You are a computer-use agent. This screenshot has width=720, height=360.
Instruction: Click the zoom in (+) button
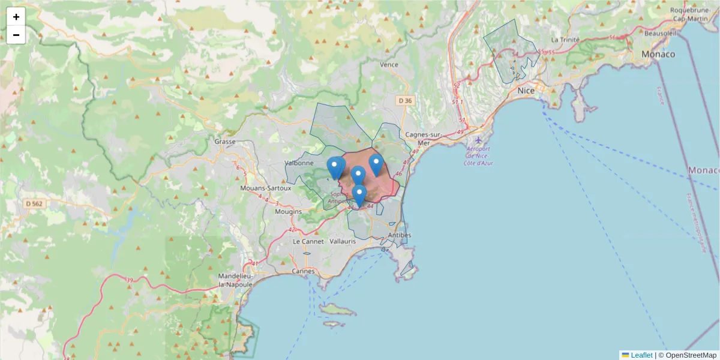point(16,17)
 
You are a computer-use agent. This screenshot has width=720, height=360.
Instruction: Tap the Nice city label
point(526,91)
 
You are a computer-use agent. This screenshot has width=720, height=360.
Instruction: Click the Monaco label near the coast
point(658,54)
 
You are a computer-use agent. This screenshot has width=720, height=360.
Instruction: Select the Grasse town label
point(224,142)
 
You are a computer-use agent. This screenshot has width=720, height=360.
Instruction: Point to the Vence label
point(389,64)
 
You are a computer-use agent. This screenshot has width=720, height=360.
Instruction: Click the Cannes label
point(303,271)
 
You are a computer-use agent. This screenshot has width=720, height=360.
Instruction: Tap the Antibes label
point(400,235)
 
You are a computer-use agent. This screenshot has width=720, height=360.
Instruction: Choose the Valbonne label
point(299,163)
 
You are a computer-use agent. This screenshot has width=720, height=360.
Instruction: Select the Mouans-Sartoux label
point(265,188)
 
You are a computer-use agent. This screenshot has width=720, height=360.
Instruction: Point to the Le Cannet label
point(305,241)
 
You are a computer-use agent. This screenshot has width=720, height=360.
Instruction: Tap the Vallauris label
point(343,241)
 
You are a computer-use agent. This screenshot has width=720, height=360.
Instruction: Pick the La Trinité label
point(565,40)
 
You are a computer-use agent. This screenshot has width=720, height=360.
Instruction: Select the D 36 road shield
point(406,100)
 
